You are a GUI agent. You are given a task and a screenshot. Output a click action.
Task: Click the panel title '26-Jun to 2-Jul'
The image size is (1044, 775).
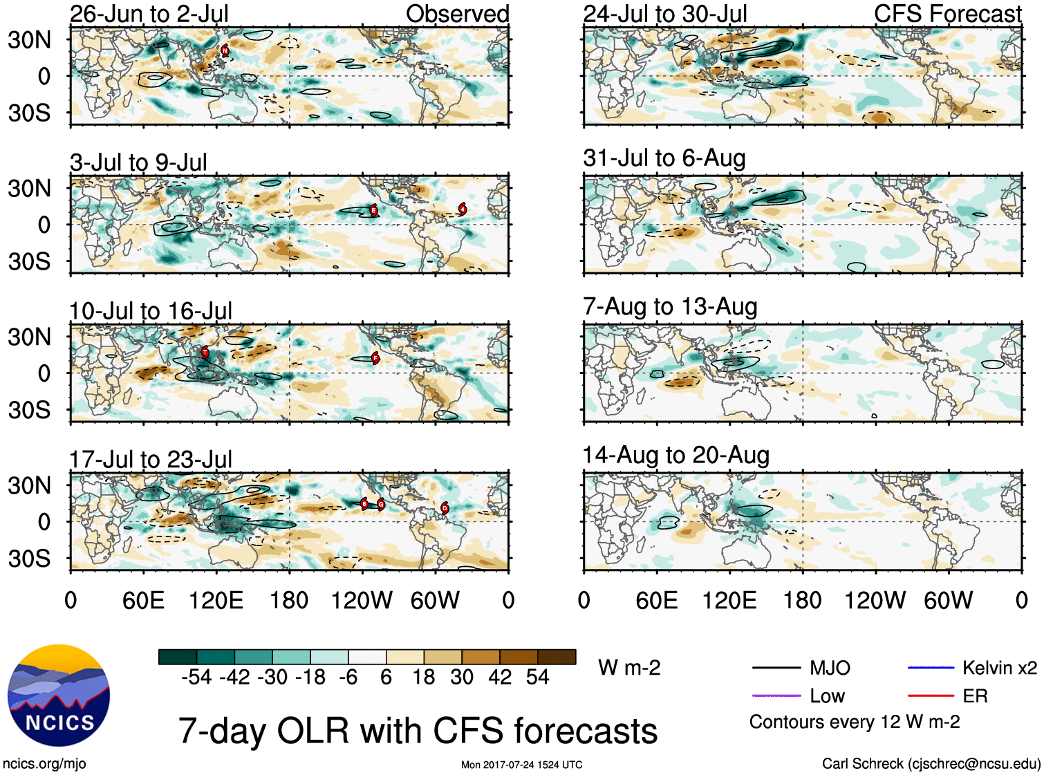pos(149,14)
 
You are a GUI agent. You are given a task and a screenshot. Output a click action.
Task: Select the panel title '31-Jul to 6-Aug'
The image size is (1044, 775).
pos(664,158)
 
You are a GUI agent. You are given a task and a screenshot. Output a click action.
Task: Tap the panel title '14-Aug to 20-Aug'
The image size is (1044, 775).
pos(675,456)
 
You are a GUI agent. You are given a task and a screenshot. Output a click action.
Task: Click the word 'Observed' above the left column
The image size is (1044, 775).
pos(457,14)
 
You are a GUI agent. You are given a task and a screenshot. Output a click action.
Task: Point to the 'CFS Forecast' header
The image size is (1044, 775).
pos(947,14)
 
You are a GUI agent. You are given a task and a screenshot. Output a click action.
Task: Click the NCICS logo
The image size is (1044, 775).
pos(59,695)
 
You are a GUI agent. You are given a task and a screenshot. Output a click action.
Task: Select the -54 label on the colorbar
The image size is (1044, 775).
pos(196,678)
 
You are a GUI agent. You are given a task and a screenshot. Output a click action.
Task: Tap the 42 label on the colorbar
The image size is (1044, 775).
pos(500,678)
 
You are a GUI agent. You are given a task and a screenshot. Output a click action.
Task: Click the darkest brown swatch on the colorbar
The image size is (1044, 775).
pos(557,657)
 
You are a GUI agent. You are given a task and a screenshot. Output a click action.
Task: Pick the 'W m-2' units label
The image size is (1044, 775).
pos(629,668)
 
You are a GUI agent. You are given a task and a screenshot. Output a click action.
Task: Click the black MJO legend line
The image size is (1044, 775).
pos(776,668)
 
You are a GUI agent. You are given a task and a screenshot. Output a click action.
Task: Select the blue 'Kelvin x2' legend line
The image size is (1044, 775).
pos(931,668)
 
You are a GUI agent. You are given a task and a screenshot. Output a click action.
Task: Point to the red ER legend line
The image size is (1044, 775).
pos(931,696)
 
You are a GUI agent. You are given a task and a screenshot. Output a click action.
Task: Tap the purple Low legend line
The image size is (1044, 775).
pos(776,696)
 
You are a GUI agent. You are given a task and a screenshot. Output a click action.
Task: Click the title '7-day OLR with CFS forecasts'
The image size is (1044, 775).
pos(418,731)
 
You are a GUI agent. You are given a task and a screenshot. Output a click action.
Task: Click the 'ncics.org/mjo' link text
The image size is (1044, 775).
pos(44,764)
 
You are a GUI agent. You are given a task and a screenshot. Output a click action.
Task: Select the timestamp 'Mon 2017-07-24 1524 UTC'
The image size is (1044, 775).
pos(521,765)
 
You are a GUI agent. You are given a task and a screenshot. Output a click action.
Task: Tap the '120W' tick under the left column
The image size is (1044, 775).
pos(362,601)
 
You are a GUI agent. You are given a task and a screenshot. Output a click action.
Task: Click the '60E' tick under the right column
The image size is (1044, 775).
pos(656,601)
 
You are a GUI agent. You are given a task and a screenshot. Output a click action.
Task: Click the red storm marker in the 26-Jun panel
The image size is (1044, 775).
pos(225,50)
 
